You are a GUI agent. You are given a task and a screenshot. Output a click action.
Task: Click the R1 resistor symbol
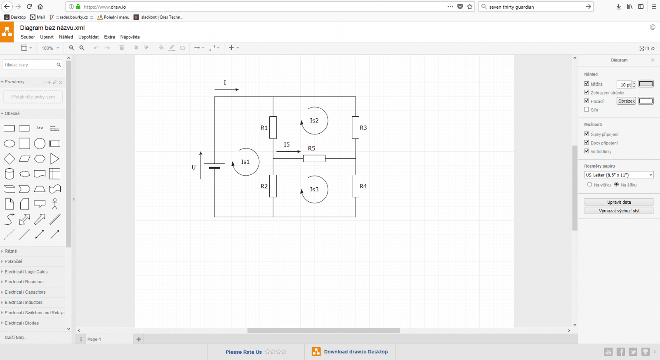(x=273, y=127)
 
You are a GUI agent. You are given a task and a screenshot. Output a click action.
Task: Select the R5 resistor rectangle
(x=314, y=158)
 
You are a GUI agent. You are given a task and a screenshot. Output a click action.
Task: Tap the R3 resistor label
(x=363, y=128)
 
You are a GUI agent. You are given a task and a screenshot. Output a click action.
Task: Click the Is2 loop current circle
(x=315, y=121)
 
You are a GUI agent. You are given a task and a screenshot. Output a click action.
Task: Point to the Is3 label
(x=314, y=189)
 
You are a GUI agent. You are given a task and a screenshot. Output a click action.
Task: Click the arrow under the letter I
(x=226, y=89)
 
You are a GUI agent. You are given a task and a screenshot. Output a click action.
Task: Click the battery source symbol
(x=214, y=166)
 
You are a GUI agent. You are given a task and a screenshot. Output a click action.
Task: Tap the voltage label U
(x=193, y=167)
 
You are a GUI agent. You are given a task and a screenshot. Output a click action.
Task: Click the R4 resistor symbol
(x=356, y=186)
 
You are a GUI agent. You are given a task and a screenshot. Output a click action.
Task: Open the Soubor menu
(x=28, y=37)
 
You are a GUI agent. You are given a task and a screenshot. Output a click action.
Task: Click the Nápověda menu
(x=130, y=37)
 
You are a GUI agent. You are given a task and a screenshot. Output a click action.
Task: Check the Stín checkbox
(x=587, y=110)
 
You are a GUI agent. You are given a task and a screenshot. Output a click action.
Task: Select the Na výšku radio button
(x=590, y=185)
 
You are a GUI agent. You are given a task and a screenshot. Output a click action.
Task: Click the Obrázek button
(x=626, y=101)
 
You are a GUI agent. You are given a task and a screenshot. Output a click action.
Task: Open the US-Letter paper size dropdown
(x=619, y=175)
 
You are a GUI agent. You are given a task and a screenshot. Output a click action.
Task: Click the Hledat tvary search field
(x=30, y=65)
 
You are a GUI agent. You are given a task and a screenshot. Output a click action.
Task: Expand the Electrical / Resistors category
(x=24, y=282)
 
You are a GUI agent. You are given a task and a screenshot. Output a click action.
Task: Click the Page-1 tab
(x=94, y=339)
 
